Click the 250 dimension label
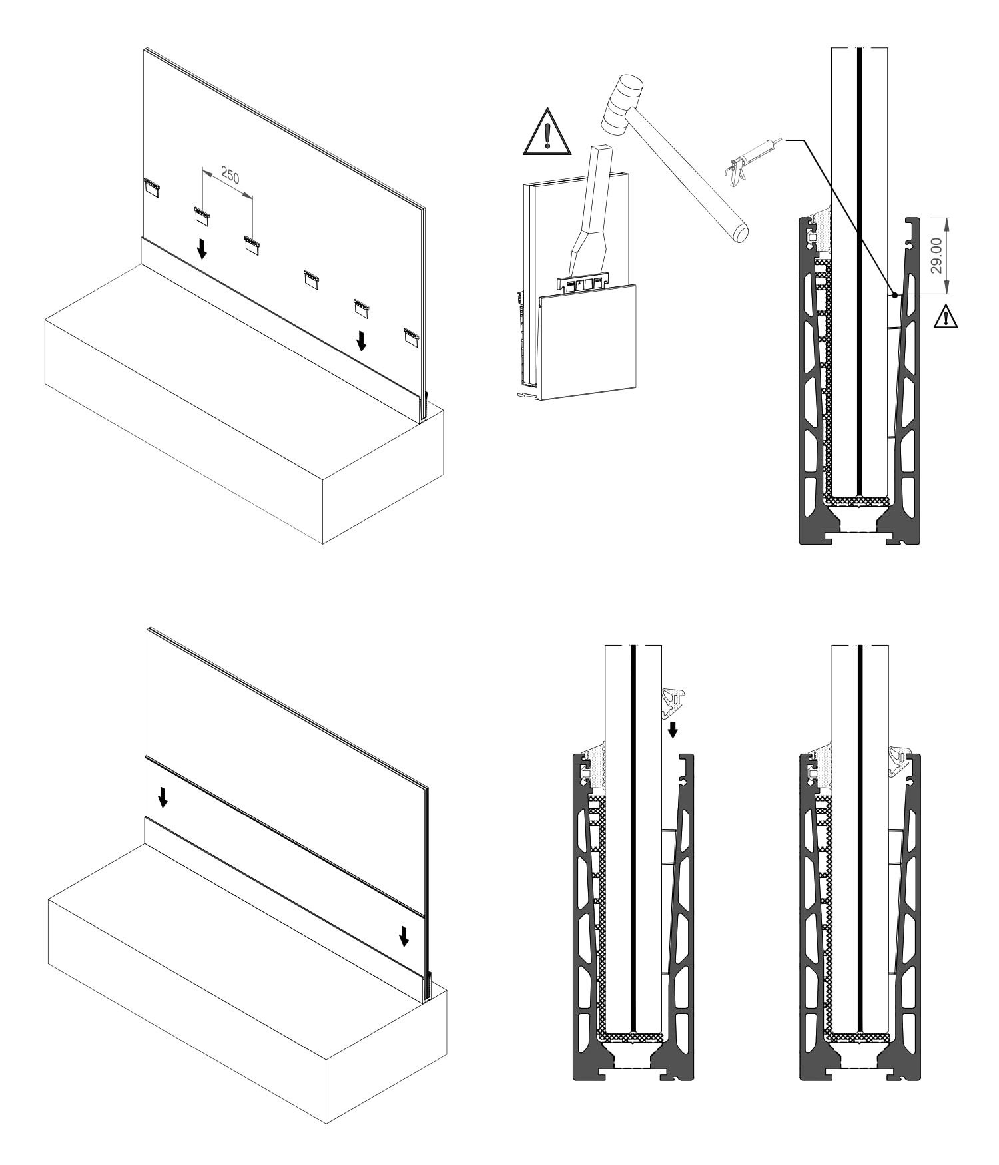tap(230, 176)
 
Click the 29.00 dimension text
tap(936, 256)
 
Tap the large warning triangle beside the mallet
tap(547, 132)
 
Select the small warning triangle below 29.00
tap(945, 316)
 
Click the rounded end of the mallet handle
tap(739, 232)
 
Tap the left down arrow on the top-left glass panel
tap(202, 249)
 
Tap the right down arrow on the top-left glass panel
tap(361, 340)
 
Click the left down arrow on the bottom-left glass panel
tap(163, 796)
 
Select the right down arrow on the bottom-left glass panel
tap(404, 935)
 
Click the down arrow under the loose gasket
tap(673, 729)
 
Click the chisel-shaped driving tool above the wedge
tap(591, 213)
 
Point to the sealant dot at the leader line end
tap(896, 294)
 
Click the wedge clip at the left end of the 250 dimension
tap(202, 214)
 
